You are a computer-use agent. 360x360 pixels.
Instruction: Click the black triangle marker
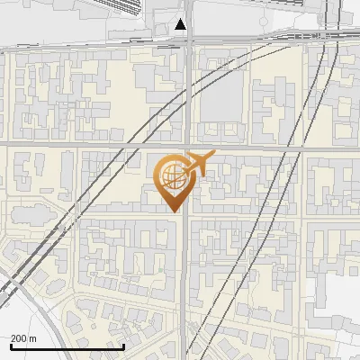[182, 24]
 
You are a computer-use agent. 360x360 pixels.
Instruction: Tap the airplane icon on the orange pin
[199, 165]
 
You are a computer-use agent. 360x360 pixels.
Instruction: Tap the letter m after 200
[33, 337]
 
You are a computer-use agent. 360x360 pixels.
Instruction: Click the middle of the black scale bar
[67, 346]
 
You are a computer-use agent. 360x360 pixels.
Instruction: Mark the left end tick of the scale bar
[11, 346]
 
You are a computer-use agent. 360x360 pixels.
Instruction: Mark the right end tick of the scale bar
[123, 346]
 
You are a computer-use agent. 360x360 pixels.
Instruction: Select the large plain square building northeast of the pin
[221, 94]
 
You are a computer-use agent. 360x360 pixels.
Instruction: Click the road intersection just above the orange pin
[185, 143]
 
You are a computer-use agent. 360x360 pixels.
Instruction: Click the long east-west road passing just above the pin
[90, 143]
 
